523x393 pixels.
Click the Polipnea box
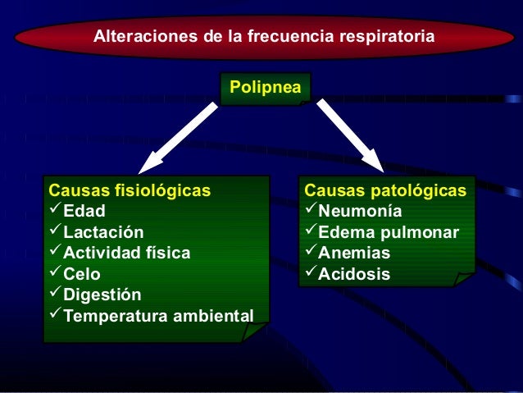pos(265,86)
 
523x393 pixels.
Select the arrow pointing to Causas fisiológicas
pos(180,135)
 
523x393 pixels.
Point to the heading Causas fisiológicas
pos(130,191)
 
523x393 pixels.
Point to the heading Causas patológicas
pos(385,191)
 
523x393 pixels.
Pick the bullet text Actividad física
pos(127,253)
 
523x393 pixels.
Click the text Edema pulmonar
pos(389,232)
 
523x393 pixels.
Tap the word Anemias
pos(354,253)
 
